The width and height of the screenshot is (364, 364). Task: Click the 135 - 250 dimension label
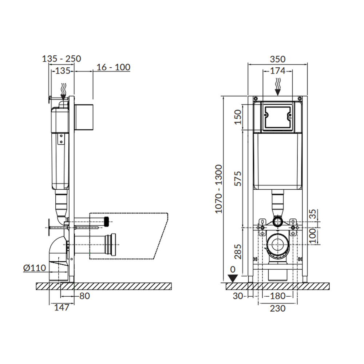(x=62, y=59)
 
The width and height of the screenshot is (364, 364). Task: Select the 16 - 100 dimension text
(x=113, y=67)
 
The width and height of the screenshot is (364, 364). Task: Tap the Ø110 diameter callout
(x=35, y=268)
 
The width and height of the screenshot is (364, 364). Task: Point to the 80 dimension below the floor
(x=84, y=296)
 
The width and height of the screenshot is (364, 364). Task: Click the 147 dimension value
(x=62, y=307)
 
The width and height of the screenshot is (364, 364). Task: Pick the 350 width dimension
(x=278, y=59)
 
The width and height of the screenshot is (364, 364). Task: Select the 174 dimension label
(x=278, y=71)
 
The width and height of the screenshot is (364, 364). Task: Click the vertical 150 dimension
(x=238, y=117)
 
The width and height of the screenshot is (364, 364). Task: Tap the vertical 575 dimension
(x=238, y=178)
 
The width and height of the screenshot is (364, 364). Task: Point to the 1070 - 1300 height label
(x=219, y=189)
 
